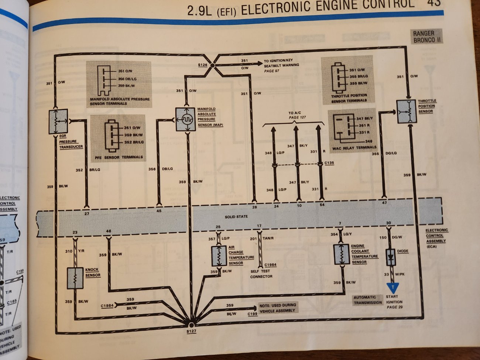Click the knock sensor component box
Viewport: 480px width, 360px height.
[75, 278]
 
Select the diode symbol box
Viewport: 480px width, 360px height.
[391, 257]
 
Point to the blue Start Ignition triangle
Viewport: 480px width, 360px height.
[393, 286]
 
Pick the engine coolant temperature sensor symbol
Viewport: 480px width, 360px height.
[342, 254]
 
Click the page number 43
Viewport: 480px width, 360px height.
[434, 4]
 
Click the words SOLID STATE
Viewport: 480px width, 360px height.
[236, 216]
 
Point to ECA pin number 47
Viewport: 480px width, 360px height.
[384, 203]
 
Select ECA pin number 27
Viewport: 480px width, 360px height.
[87, 213]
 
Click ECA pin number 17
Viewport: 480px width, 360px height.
[259, 226]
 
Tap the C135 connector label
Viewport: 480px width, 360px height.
[329, 162]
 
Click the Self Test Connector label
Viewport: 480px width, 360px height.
[261, 274]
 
